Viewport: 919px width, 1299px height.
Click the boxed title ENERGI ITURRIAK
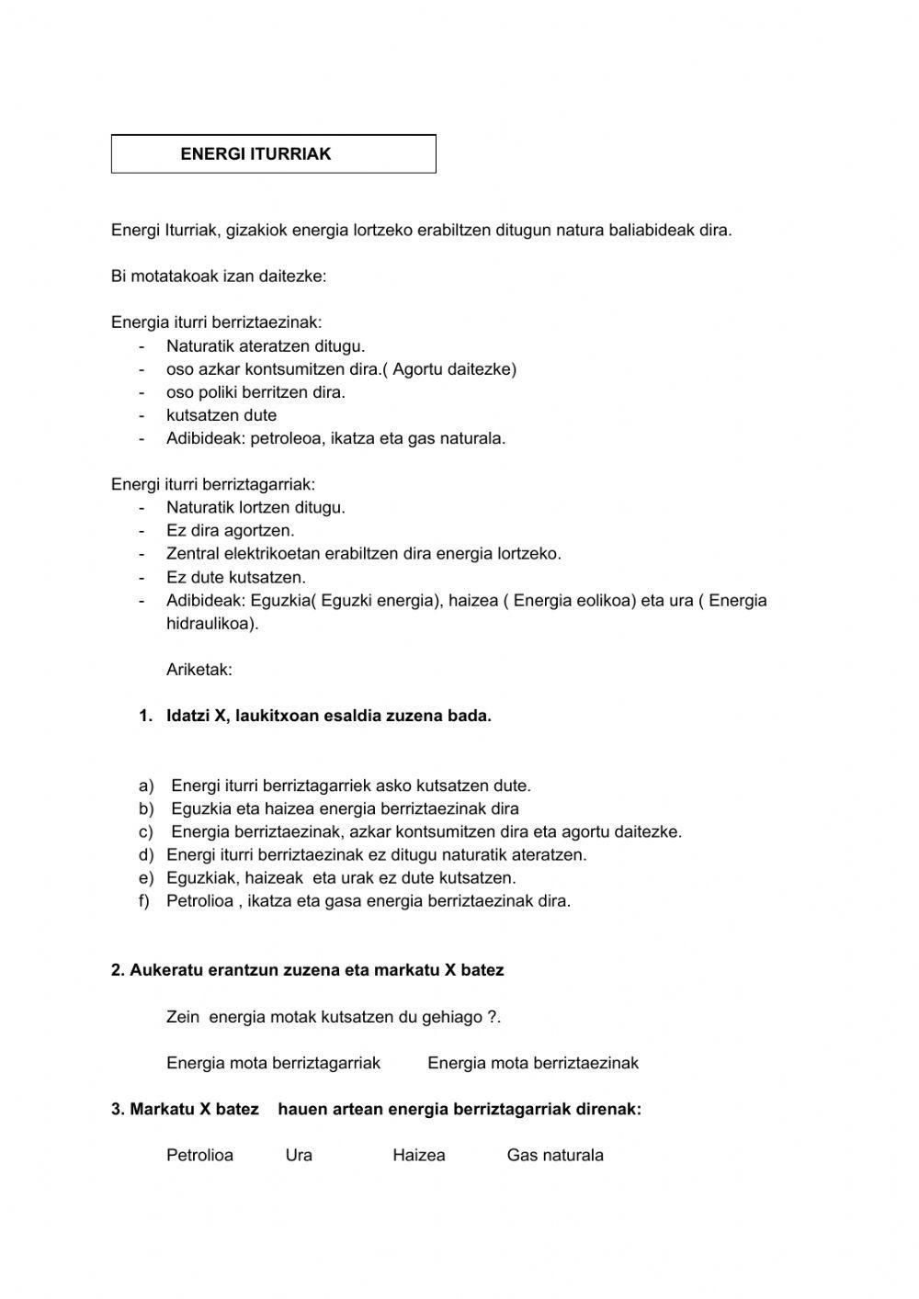coord(255,154)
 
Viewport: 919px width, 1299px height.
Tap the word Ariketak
coord(199,670)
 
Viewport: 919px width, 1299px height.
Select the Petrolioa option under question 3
coord(199,1156)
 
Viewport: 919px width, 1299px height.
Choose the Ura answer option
coord(299,1156)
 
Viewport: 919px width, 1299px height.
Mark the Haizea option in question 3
coord(418,1156)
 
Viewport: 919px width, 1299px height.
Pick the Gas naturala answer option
coord(555,1156)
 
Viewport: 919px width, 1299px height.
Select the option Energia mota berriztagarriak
coord(273,1063)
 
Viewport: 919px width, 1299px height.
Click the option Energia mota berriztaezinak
coord(533,1063)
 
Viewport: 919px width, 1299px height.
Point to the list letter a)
coord(146,785)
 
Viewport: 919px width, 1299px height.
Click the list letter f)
coord(144,901)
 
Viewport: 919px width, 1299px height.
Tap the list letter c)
coord(146,832)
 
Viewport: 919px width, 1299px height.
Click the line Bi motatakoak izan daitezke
coord(219,277)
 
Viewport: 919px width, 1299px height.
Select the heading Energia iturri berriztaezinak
coord(216,322)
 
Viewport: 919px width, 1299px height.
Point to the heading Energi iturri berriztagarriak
coord(213,484)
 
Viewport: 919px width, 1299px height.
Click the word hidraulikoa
coord(210,624)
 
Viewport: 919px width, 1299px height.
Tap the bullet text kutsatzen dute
coord(221,415)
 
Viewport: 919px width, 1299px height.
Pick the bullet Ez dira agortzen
coord(231,531)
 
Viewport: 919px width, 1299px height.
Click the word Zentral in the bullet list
coord(191,554)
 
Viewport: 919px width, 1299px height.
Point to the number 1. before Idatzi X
coord(145,717)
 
